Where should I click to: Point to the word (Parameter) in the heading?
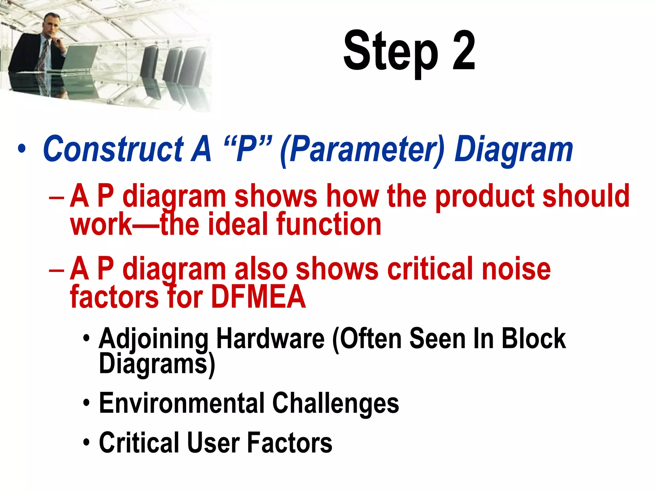click(x=363, y=150)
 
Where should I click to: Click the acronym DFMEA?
click(x=258, y=297)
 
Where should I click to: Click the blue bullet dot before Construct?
click(x=21, y=149)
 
